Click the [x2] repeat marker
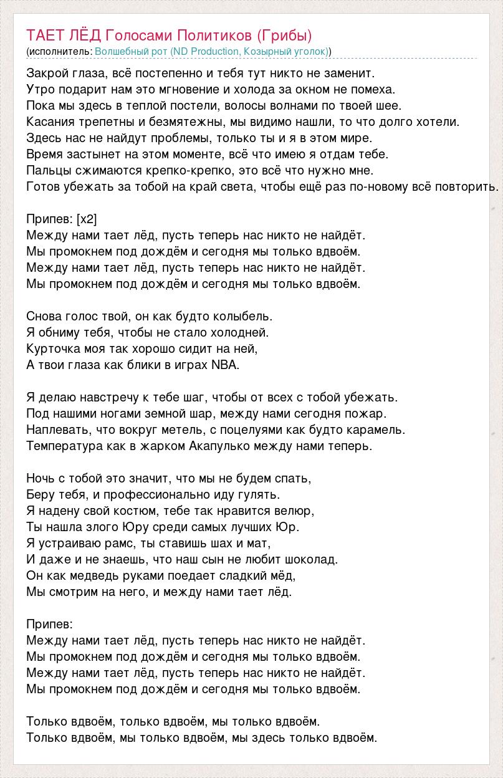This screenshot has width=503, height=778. [87, 219]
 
